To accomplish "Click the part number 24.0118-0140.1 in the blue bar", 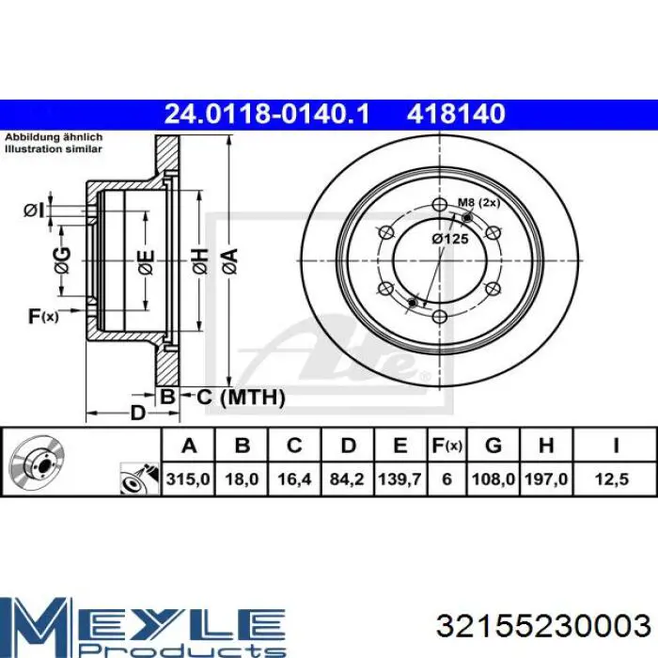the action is pyautogui.click(x=267, y=114).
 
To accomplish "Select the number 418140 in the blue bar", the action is pyautogui.click(x=456, y=114).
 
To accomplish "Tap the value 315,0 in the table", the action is pyautogui.click(x=188, y=478).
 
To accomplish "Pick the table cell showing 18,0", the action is pyautogui.click(x=242, y=478).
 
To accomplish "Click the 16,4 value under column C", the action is pyautogui.click(x=294, y=478).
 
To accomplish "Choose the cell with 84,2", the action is pyautogui.click(x=347, y=478).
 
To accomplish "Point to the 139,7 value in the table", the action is pyautogui.click(x=399, y=478).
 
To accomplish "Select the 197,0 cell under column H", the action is pyautogui.click(x=546, y=478).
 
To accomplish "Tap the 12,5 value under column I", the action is pyautogui.click(x=612, y=478).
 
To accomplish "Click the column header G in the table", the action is pyautogui.click(x=493, y=446).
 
